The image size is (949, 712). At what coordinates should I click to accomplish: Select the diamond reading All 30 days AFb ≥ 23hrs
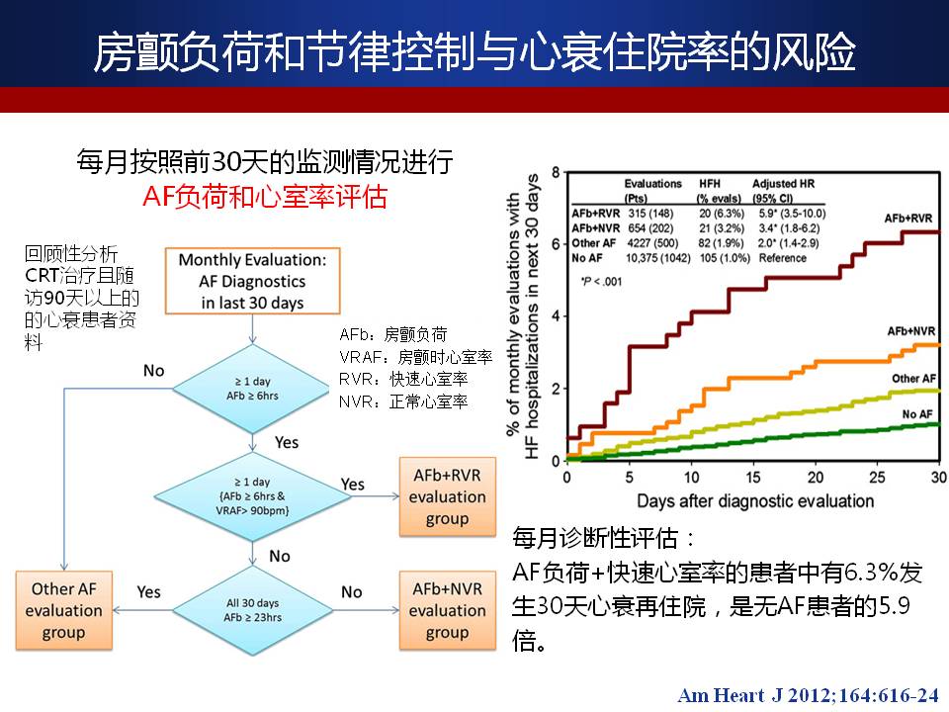(x=252, y=604)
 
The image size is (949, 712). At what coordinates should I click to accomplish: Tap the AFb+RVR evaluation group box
(x=447, y=496)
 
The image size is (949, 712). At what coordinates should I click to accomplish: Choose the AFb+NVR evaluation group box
(x=447, y=611)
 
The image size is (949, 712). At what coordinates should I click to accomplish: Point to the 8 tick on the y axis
(x=556, y=173)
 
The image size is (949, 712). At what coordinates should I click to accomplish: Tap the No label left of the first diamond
(x=153, y=370)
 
